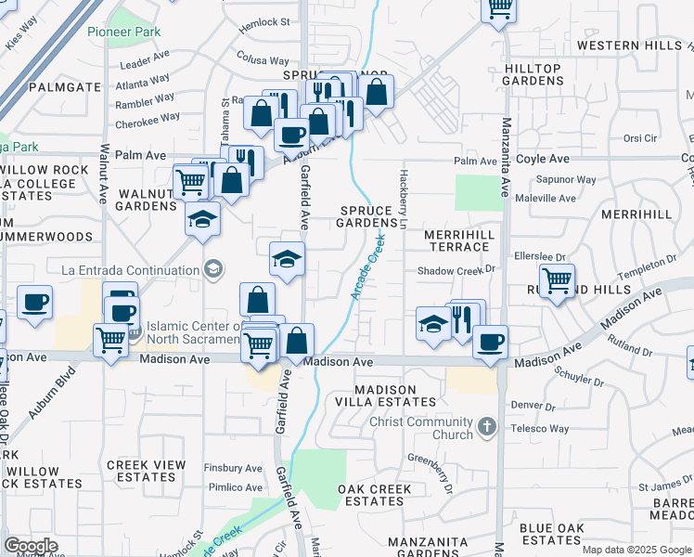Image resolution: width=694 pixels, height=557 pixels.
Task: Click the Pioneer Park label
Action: pos(124,32)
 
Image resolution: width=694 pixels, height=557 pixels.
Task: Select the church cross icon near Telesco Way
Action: pos(488,428)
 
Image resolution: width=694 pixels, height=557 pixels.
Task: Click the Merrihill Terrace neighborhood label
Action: pos(457,240)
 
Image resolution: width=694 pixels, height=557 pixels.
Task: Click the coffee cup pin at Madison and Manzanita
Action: pos(490,341)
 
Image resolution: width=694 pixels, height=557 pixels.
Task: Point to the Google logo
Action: pos(31,545)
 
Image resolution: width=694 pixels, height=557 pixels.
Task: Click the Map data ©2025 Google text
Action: pos(636,550)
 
